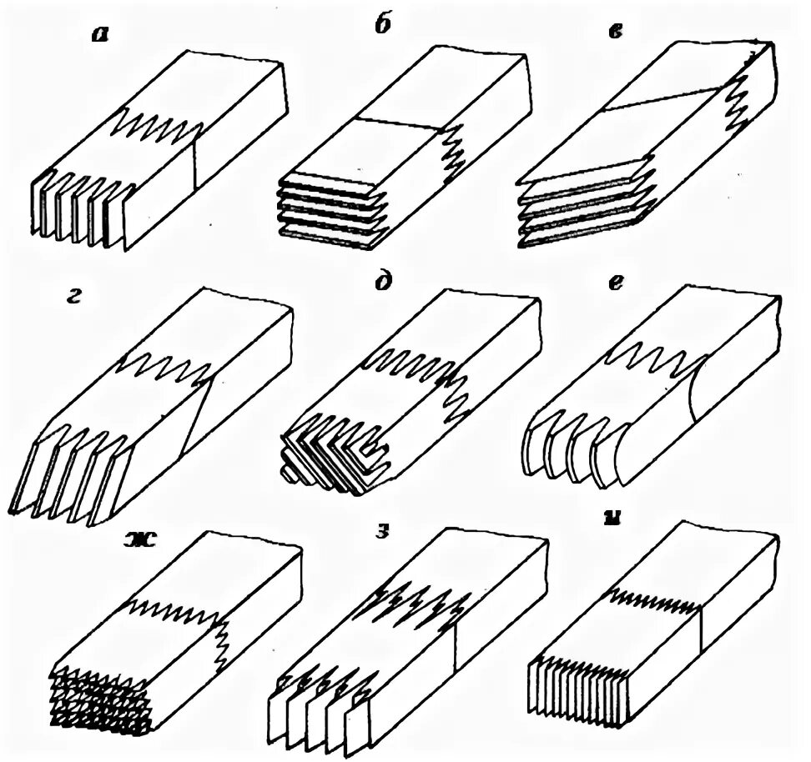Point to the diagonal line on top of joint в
[659, 98]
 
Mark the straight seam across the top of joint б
[398, 123]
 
